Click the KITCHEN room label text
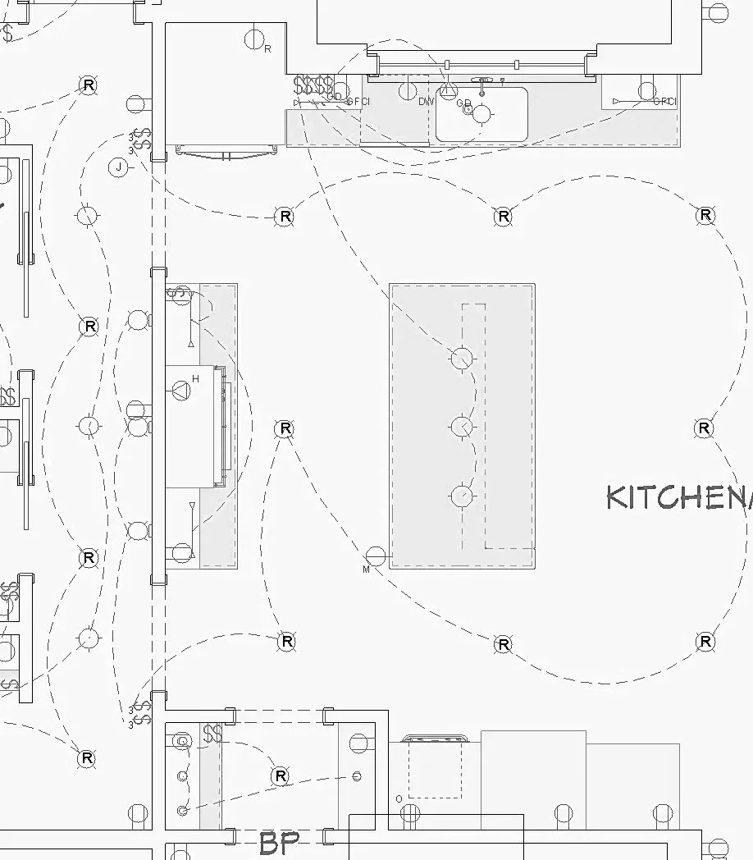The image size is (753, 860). tap(678, 497)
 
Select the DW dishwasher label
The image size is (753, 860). tap(426, 102)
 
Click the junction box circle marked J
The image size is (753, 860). tap(120, 168)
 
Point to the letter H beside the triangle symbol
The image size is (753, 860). tap(195, 378)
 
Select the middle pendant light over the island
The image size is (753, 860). tap(463, 427)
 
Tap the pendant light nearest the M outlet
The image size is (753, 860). tap(463, 496)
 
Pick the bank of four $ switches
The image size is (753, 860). tap(314, 85)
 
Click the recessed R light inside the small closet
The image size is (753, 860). tap(281, 775)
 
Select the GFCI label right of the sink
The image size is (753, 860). tap(664, 102)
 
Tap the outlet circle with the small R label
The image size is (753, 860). tap(255, 39)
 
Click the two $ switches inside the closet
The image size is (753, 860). tap(212, 733)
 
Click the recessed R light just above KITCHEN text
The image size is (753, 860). tap(704, 428)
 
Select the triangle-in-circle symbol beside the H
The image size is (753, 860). tap(179, 390)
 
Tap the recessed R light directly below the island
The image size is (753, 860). tap(503, 644)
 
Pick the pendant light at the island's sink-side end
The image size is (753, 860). tap(463, 358)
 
